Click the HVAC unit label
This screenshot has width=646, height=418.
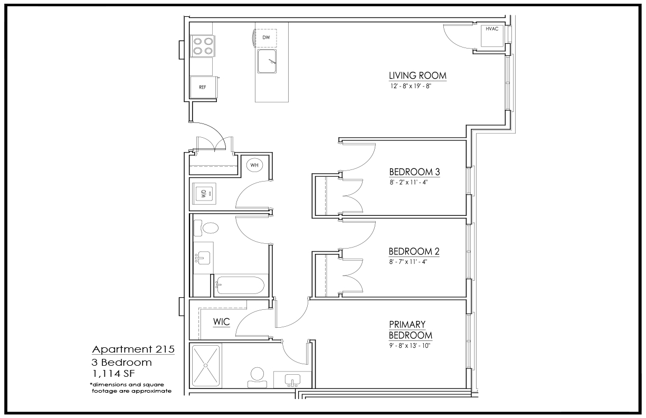[x=492, y=29]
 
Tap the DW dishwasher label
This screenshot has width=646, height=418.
[x=266, y=37]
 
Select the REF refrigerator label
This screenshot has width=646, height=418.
[x=203, y=87]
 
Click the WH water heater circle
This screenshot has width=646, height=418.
[x=254, y=165]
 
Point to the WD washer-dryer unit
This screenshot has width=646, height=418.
[x=204, y=193]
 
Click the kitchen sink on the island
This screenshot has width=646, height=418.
[x=267, y=61]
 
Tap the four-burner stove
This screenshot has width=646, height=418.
[x=203, y=46]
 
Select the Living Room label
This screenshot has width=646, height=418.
[x=417, y=75]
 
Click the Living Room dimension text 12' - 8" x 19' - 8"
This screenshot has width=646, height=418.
[x=411, y=86]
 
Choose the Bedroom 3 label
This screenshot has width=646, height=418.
[x=414, y=172]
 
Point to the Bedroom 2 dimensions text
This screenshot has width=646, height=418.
[x=408, y=262]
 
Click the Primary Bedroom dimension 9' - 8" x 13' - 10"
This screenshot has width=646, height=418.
[x=410, y=345]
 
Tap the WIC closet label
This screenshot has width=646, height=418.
[x=222, y=321]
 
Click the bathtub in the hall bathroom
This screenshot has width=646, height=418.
[x=240, y=286]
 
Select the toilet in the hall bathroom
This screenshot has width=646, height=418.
[x=206, y=228]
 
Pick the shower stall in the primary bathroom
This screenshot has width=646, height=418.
[x=206, y=366]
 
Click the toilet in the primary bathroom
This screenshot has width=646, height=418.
[x=257, y=377]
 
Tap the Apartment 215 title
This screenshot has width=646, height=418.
[x=133, y=349]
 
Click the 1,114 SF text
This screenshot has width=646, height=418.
[x=113, y=374]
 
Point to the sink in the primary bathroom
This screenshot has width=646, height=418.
[x=292, y=380]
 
